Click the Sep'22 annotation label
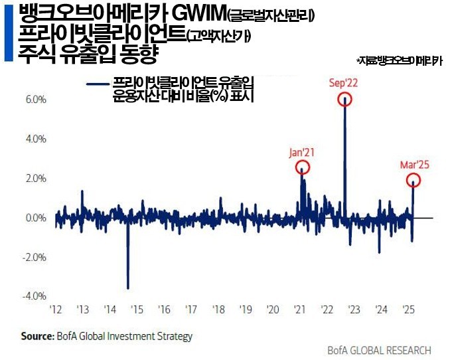(x=344, y=83)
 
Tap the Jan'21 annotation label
(x=302, y=152)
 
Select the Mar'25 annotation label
(x=414, y=164)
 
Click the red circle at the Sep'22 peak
(x=344, y=100)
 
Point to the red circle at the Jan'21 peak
(x=302, y=167)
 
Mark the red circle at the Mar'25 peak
(x=413, y=180)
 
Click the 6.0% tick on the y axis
(x=35, y=100)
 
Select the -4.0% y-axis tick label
(x=34, y=296)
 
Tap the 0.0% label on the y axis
(x=35, y=218)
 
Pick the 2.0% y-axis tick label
(x=35, y=178)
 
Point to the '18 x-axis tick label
(x=218, y=310)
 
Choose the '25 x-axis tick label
(x=409, y=310)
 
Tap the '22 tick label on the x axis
(x=327, y=310)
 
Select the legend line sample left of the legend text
(x=97, y=84)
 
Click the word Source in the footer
(x=37, y=337)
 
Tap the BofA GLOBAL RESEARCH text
(x=379, y=351)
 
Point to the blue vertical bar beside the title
(x=8, y=33)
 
